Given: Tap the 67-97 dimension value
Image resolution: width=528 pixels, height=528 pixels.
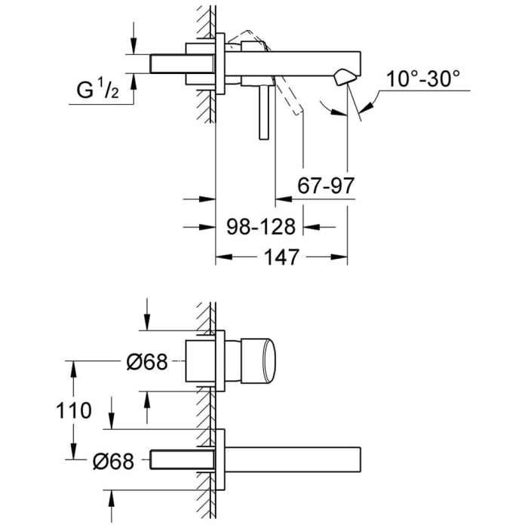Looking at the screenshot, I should pyautogui.click(x=326, y=186).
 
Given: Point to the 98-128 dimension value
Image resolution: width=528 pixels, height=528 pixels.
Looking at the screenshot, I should pyautogui.click(x=260, y=226).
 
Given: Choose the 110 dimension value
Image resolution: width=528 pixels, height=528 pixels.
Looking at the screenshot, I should pyautogui.click(x=73, y=411).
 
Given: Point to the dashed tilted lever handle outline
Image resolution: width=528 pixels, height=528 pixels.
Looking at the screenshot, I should pyautogui.click(x=290, y=98).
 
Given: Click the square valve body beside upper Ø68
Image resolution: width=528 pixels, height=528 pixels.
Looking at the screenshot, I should pyautogui.click(x=199, y=361).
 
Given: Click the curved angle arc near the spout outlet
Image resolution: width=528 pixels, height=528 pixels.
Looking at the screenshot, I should pyautogui.click(x=332, y=110).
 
